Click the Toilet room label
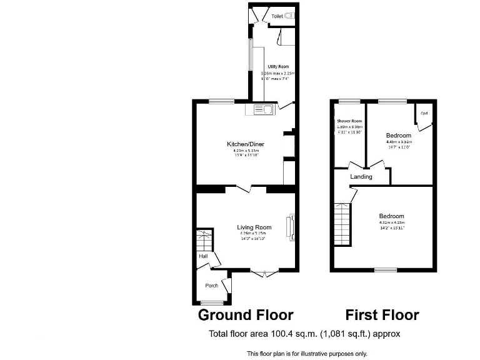pos(276,16)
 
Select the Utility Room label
pos(278,66)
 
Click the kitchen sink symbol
pos(262,111)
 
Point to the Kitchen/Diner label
pos(241,144)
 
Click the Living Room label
pos(254,227)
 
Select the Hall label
pos(203,256)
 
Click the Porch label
pos(212,286)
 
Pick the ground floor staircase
pos(204,239)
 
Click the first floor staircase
pos(341,224)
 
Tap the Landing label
pos(361,177)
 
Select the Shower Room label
pos(349,121)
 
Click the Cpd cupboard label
pos(424,114)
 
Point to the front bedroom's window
pos(386,270)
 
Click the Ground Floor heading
pos(246,314)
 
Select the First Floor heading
pos(382,314)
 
